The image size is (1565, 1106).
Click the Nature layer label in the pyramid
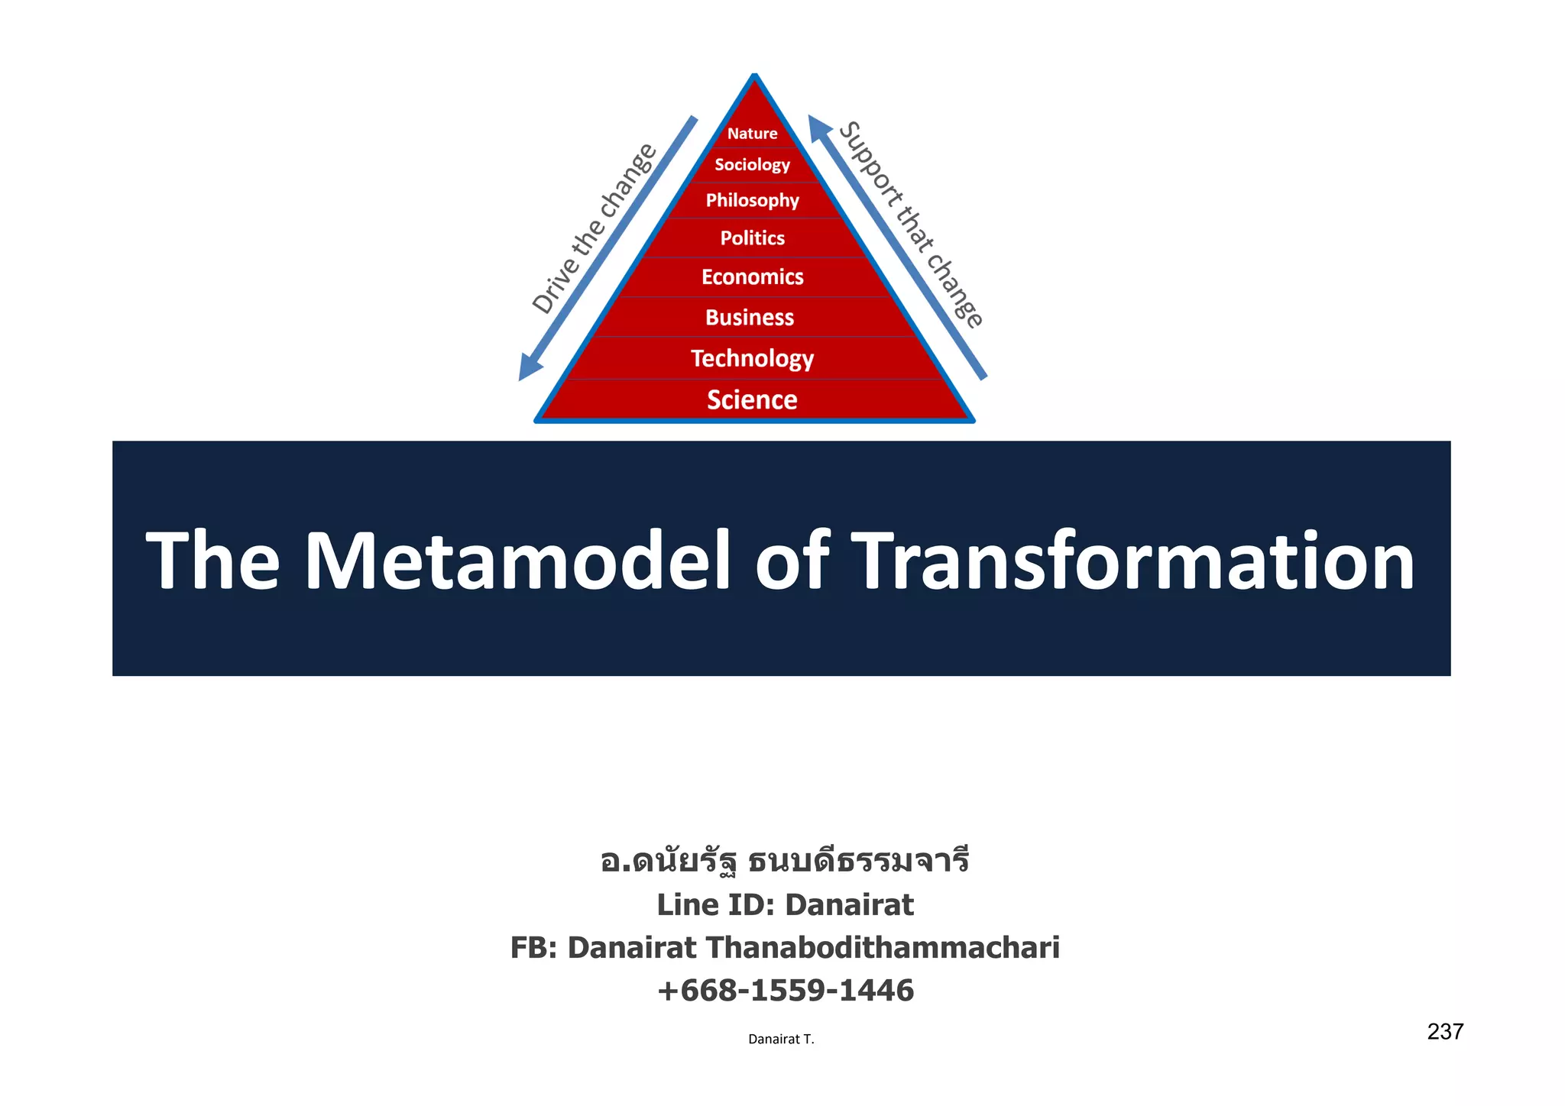[752, 134]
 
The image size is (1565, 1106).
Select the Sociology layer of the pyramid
[752, 165]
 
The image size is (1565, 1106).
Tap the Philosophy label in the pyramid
[752, 200]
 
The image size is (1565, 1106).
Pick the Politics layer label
[752, 238]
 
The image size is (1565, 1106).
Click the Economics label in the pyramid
[752, 276]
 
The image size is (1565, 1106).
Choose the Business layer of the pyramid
[750, 317]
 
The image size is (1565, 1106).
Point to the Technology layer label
[752, 358]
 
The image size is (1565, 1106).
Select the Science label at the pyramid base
[752, 399]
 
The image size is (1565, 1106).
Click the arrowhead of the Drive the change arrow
[529, 367]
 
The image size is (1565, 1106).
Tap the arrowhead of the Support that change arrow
[819, 127]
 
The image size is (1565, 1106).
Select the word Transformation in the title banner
[1132, 561]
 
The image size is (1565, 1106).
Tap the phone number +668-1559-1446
[785, 990]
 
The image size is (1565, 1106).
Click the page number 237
[1444, 1032]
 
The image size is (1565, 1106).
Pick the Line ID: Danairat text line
[785, 904]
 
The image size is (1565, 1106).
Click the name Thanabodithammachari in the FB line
[882, 947]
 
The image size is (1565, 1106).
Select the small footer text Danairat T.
[781, 1039]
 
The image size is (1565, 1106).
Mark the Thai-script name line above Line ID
[785, 861]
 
